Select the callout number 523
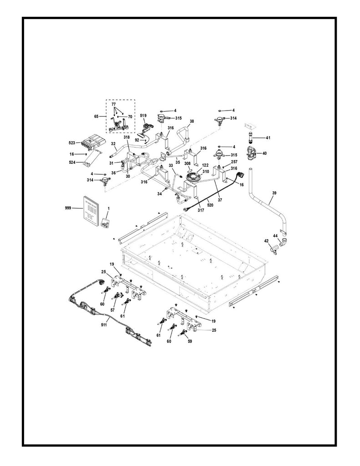pos(71,142)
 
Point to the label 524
pos(72,162)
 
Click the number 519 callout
pos(142,116)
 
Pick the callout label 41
pos(268,137)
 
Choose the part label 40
pos(264,153)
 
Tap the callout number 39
pos(274,193)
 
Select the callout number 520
pos(211,206)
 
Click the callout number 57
pos(112,309)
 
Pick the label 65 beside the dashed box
pos(96,116)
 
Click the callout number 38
pos(192,122)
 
